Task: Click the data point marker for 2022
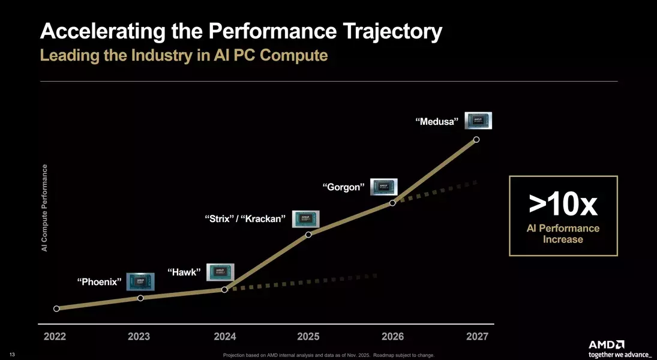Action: [x=56, y=309]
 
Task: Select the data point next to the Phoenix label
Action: [x=140, y=298]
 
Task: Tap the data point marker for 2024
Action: [x=224, y=289]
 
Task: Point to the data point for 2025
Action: [x=308, y=234]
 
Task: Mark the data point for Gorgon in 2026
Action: [x=392, y=203]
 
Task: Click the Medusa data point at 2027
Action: [x=476, y=139]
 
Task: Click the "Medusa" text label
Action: [x=437, y=122]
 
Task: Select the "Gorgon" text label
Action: [x=344, y=187]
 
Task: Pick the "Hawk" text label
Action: [x=184, y=272]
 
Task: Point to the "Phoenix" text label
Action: [x=100, y=281]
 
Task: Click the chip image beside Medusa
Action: [x=479, y=121]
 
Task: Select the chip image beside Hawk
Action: [x=220, y=272]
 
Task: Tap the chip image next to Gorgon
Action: [x=384, y=187]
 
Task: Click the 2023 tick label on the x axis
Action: [x=139, y=337]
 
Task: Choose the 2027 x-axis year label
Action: [x=477, y=337]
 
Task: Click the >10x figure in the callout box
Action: [x=563, y=205]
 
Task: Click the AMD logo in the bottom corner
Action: [x=607, y=344]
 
